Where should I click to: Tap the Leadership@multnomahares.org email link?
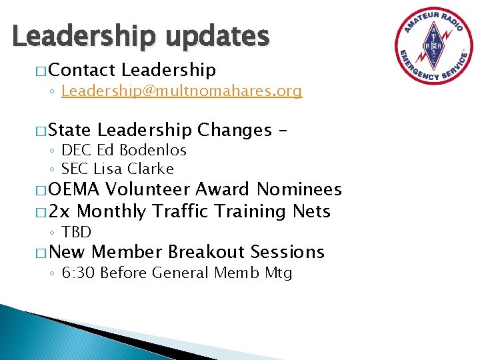click(x=181, y=91)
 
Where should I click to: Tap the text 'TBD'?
click(x=76, y=232)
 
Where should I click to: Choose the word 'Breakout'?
click(x=207, y=252)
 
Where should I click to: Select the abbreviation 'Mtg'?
click(x=278, y=273)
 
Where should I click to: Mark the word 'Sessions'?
click(x=288, y=252)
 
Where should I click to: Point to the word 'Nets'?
click(x=311, y=211)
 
